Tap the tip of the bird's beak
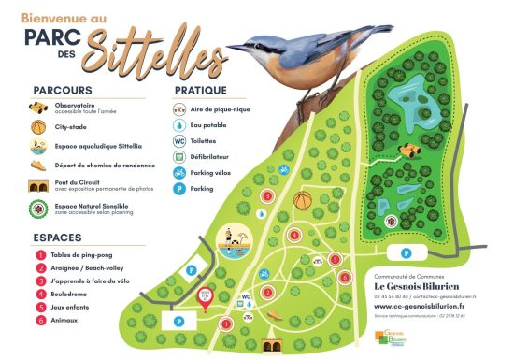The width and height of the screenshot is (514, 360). click(225, 48)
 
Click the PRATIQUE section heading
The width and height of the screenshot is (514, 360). click(201, 91)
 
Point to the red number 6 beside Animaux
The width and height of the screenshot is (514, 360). click(39, 321)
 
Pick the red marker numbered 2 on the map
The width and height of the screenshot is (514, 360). click(267, 290)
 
